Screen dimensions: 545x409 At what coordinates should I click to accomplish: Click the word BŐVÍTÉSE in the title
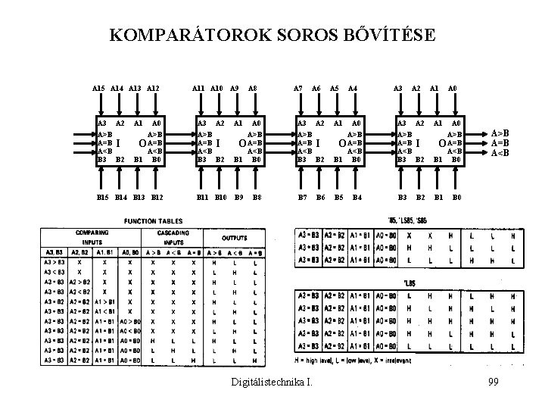tap(387, 35)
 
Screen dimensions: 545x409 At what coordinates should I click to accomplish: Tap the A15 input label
tap(98, 89)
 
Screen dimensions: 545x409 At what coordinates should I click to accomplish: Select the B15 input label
tap(99, 198)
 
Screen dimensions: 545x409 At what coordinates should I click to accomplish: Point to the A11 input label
tap(198, 89)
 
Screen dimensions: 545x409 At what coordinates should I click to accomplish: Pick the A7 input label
tap(299, 89)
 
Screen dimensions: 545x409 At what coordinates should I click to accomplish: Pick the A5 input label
tap(335, 89)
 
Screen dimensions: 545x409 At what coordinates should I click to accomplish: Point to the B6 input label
tap(320, 198)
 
